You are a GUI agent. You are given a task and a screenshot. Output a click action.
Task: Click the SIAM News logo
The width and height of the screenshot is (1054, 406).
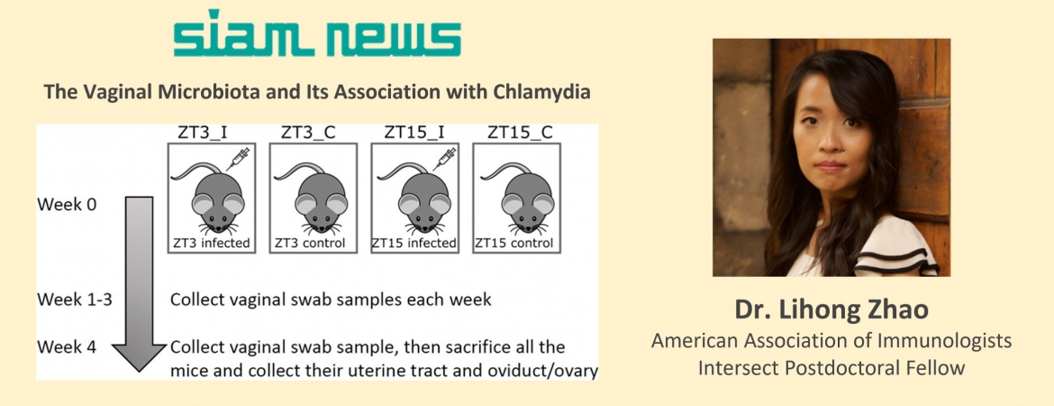click(x=317, y=33)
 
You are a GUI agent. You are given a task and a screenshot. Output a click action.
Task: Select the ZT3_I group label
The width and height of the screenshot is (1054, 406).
click(x=203, y=132)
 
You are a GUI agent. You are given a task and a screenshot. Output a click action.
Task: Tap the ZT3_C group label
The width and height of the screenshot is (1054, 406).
click(x=304, y=132)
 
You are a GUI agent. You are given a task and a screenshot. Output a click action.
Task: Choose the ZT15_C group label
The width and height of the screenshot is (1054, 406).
click(x=521, y=132)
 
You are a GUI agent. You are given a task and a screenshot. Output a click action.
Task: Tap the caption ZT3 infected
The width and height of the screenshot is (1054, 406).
click(x=210, y=243)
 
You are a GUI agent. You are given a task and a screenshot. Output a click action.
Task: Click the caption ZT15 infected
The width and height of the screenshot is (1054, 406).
click(x=414, y=243)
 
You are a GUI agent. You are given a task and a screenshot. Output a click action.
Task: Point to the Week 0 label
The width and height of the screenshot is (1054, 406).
click(x=68, y=204)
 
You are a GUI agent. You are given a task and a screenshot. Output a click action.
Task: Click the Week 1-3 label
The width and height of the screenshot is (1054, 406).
click(x=74, y=299)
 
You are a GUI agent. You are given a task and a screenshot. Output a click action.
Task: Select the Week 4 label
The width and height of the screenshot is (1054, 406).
click(x=67, y=348)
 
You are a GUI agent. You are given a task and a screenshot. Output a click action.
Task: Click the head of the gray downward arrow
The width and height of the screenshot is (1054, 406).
click(x=139, y=357)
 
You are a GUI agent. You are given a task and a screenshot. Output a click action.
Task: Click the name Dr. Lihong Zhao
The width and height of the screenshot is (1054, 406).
click(x=831, y=309)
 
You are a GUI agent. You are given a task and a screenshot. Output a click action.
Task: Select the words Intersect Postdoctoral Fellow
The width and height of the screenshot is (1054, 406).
click(x=831, y=368)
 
